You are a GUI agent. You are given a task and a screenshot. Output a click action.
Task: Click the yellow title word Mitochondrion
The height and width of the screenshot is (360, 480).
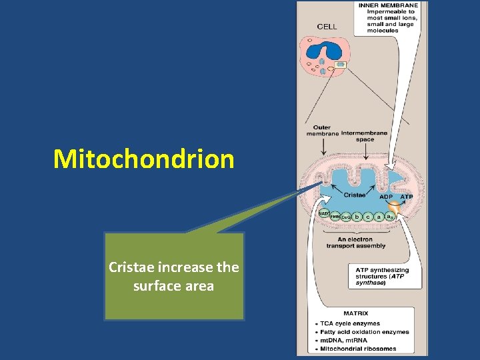(x=144, y=159)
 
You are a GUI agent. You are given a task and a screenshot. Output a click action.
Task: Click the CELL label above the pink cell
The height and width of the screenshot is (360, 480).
(x=327, y=27)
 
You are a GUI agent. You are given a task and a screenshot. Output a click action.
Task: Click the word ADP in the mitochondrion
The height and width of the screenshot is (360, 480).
(x=386, y=197)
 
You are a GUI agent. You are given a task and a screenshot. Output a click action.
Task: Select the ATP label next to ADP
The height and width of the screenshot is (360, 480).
(x=406, y=197)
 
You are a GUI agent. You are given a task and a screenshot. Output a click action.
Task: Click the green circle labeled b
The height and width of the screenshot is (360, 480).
(x=358, y=217)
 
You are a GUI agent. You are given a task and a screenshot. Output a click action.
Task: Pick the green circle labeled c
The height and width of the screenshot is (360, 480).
(x=369, y=217)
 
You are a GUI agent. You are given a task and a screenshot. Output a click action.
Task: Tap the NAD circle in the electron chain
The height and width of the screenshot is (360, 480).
(x=323, y=213)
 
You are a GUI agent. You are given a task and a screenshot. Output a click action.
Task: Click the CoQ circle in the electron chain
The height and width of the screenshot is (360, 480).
(x=346, y=217)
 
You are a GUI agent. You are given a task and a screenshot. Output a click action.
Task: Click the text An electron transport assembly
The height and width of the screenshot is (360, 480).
(x=356, y=242)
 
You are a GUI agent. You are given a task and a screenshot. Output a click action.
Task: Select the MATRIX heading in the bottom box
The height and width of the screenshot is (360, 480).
(x=356, y=313)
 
